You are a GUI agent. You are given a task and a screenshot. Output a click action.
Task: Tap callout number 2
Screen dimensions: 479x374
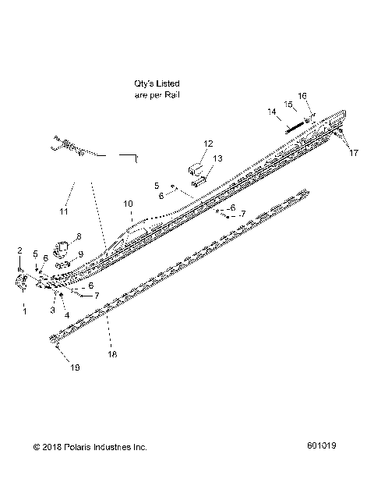pyautogui.click(x=19, y=249)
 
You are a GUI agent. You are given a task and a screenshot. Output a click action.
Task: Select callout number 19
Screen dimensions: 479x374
pyautogui.click(x=76, y=367)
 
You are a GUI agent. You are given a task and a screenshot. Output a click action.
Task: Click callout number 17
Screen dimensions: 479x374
pyautogui.click(x=354, y=153)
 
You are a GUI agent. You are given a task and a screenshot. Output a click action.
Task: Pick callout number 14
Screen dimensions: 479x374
pyautogui.click(x=272, y=112)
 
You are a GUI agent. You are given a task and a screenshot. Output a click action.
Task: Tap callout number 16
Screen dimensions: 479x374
pyautogui.click(x=303, y=95)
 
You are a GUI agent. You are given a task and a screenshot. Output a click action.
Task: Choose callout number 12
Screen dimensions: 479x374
pyautogui.click(x=208, y=144)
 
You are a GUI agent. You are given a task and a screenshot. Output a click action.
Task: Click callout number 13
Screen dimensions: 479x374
pyautogui.click(x=218, y=158)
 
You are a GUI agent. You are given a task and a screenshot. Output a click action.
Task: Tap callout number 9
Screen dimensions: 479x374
pyautogui.click(x=80, y=254)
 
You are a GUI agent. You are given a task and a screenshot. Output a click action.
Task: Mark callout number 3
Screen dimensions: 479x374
pyautogui.click(x=52, y=310)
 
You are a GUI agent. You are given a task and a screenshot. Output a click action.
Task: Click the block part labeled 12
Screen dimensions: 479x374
pyautogui.click(x=196, y=169)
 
